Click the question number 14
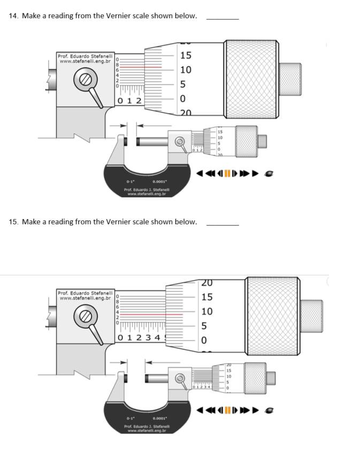pyautogui.click(x=13, y=16)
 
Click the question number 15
pyautogui.click(x=13, y=221)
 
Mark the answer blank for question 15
pyautogui.click(x=223, y=224)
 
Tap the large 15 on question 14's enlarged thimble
pyautogui.click(x=186, y=56)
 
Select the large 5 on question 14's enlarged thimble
pyautogui.click(x=182, y=84)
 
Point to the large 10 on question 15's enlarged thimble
pyautogui.click(x=207, y=312)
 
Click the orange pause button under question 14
pyautogui.click(x=227, y=173)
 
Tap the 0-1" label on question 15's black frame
pyautogui.click(x=129, y=419)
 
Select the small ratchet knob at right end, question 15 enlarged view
pyautogui.click(x=312, y=311)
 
